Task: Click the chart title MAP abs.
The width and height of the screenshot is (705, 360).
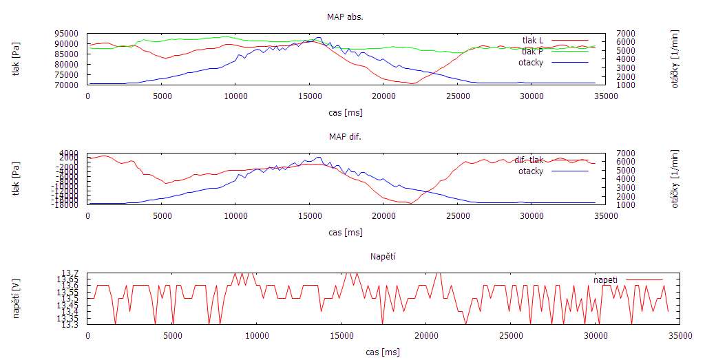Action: coord(345,17)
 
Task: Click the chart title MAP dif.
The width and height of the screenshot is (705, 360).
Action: coord(345,136)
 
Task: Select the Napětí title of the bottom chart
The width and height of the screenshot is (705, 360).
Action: coord(383,257)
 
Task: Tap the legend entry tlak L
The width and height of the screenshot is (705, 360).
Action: coord(532,40)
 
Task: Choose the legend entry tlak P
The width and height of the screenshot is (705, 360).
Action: coord(532,51)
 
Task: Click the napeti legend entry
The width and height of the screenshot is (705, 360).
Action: coord(605,279)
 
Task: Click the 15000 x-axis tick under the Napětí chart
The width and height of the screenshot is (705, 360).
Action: coord(341,335)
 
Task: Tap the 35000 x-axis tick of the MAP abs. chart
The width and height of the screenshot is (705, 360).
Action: coord(606,96)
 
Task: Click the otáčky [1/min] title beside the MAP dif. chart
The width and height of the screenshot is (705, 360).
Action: coord(675,179)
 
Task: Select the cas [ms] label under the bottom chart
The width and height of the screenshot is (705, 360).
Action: coord(382,352)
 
